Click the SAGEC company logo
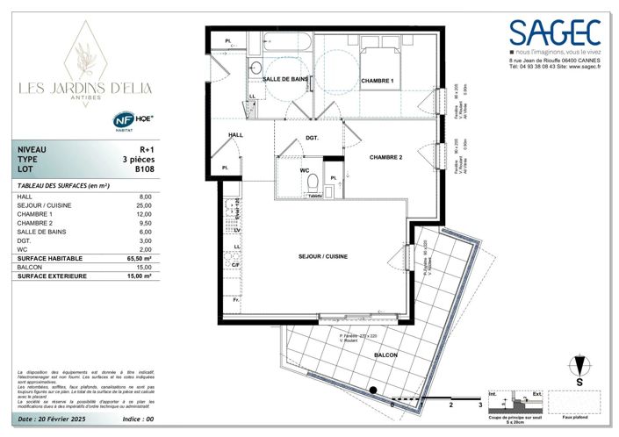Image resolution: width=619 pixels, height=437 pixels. point(557,34)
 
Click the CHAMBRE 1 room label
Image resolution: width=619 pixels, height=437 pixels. point(378,81)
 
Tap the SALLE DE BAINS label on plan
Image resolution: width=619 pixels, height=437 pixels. point(285,80)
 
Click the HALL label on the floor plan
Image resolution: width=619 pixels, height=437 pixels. point(235,134)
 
